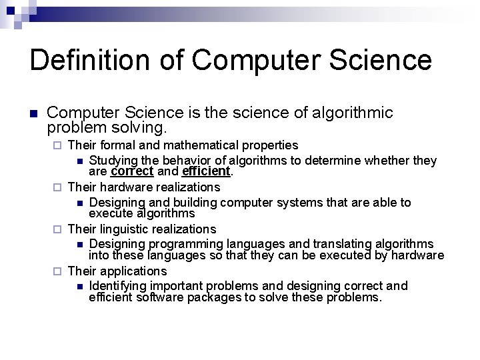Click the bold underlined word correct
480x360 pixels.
click(x=132, y=171)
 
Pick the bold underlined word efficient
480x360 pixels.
click(x=206, y=171)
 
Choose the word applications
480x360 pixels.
click(x=133, y=271)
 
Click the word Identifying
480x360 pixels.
click(x=116, y=285)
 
